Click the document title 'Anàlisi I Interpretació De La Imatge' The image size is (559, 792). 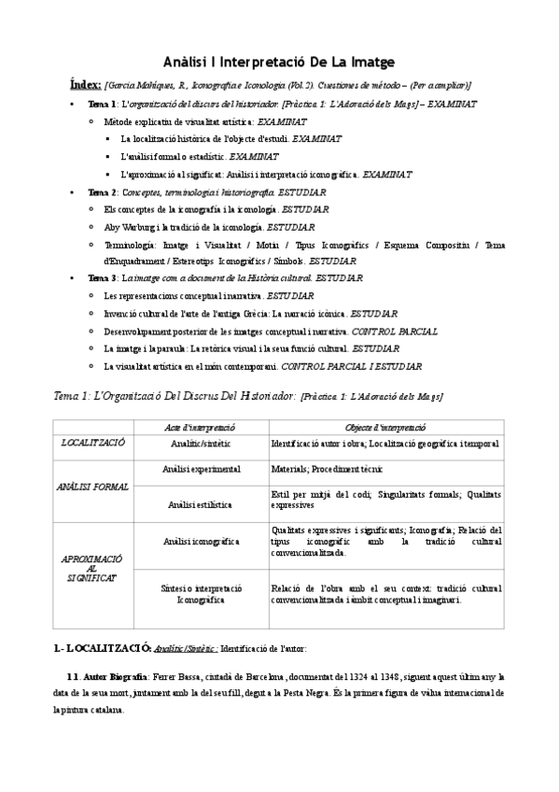(x=279, y=61)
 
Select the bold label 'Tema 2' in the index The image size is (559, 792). (x=102, y=191)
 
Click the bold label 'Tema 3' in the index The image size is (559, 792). (x=102, y=278)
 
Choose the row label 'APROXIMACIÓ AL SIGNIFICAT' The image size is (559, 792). (x=92, y=568)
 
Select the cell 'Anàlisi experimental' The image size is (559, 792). (x=202, y=468)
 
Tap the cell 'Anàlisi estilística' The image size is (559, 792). (x=201, y=504)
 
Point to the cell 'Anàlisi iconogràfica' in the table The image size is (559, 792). (x=202, y=541)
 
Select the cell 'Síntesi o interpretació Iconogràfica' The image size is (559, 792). (x=202, y=594)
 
